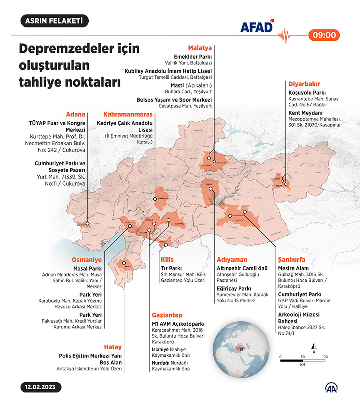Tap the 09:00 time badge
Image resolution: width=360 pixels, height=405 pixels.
[x=324, y=35]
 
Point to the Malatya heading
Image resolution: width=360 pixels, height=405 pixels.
[x=200, y=48]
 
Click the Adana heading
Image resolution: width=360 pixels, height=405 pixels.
[x=75, y=114]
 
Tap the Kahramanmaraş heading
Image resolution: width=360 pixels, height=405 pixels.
[x=128, y=114]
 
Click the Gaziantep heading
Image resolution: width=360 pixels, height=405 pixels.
[x=167, y=315]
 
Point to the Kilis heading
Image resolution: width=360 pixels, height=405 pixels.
[x=167, y=259]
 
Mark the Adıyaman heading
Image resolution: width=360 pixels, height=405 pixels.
[x=232, y=259]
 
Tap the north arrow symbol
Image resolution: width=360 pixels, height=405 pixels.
[x=314, y=346]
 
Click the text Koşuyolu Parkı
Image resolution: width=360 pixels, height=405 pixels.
[x=307, y=93]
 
